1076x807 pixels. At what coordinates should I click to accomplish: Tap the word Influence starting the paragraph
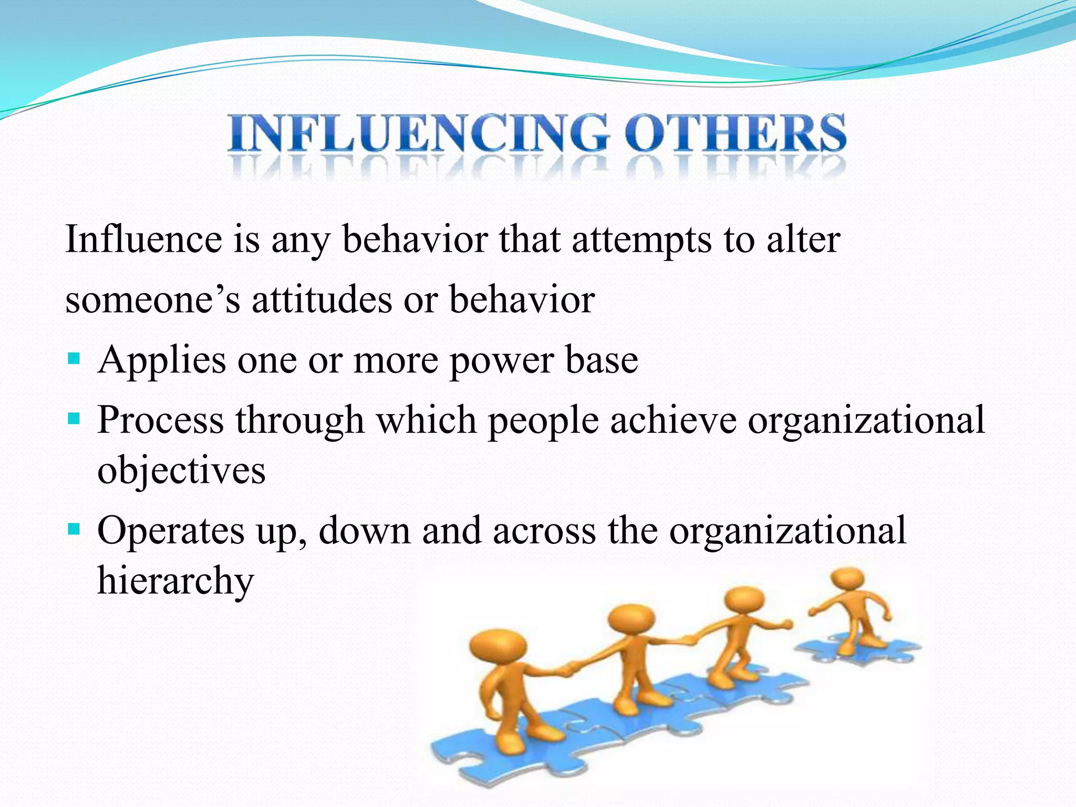click(x=143, y=240)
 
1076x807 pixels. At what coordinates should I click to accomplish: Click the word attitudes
click(x=322, y=299)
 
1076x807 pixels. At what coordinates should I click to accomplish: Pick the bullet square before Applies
click(x=74, y=359)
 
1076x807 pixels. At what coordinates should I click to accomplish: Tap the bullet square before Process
click(x=74, y=419)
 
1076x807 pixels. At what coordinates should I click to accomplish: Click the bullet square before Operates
click(x=74, y=529)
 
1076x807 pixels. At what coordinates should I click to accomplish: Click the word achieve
click(x=673, y=420)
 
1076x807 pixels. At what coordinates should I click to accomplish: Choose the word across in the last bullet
click(x=544, y=531)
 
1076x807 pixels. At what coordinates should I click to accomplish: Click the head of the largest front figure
click(x=497, y=646)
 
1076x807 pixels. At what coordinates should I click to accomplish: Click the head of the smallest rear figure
click(x=847, y=580)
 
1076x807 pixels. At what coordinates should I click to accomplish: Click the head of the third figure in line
click(x=743, y=599)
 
